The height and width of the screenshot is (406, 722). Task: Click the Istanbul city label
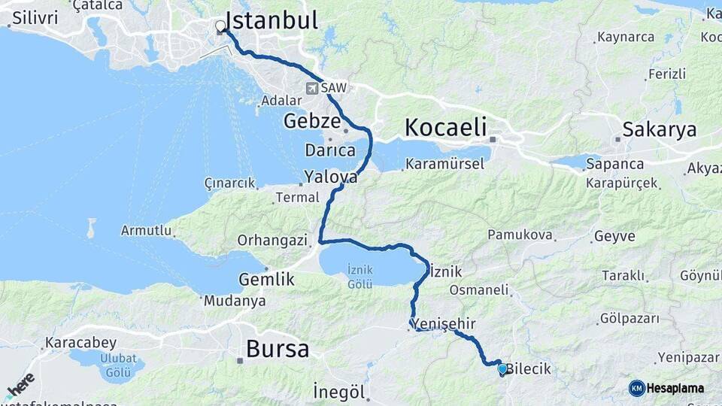(272, 20)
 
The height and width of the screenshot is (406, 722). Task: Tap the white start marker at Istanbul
(220, 27)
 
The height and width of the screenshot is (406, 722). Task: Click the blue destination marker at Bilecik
(502, 368)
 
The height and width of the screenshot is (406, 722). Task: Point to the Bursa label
(278, 349)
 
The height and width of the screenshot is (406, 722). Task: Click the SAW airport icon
(312, 88)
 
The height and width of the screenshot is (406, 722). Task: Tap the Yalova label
(330, 177)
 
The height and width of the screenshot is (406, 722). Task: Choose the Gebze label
(312, 121)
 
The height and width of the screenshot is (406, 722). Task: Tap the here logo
(20, 386)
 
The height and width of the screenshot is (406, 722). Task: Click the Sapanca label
(615, 164)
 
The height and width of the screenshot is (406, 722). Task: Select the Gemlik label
(266, 279)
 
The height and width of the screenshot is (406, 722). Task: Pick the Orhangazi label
(273, 241)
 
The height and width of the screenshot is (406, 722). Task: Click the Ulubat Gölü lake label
(118, 365)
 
